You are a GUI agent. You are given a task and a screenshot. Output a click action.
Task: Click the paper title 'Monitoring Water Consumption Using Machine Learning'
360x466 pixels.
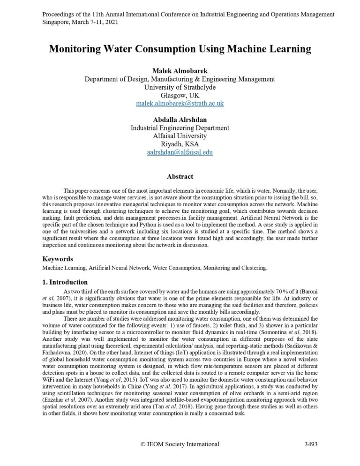(180, 49)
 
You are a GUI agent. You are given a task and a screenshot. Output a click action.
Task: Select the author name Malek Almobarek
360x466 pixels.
(180, 71)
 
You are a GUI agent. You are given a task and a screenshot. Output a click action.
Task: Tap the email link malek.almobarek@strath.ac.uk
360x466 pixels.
(180, 103)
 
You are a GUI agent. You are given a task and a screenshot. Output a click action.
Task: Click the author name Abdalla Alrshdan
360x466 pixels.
(180, 120)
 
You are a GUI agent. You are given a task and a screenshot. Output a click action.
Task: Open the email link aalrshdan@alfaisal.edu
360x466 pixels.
(180, 152)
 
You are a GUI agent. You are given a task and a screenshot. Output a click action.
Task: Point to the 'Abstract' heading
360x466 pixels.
(180, 177)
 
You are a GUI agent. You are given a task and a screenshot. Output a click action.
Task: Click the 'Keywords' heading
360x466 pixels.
(58, 259)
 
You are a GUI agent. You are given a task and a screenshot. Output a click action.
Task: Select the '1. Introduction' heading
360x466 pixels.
(65, 282)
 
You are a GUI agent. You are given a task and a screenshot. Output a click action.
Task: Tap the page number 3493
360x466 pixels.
(311, 444)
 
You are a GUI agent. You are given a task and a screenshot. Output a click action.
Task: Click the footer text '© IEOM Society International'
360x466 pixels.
(180, 444)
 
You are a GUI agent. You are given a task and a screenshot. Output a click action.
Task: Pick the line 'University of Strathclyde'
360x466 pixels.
(180, 87)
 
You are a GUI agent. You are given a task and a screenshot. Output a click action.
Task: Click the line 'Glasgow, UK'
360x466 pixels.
(180, 95)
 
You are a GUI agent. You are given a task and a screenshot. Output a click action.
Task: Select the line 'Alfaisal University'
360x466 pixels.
(180, 136)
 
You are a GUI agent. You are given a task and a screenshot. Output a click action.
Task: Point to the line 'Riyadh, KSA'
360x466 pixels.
(180, 144)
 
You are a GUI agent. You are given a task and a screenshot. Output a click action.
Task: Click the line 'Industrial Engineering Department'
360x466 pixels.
(180, 128)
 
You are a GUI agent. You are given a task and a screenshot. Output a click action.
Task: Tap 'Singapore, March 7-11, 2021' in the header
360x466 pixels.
(80, 22)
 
